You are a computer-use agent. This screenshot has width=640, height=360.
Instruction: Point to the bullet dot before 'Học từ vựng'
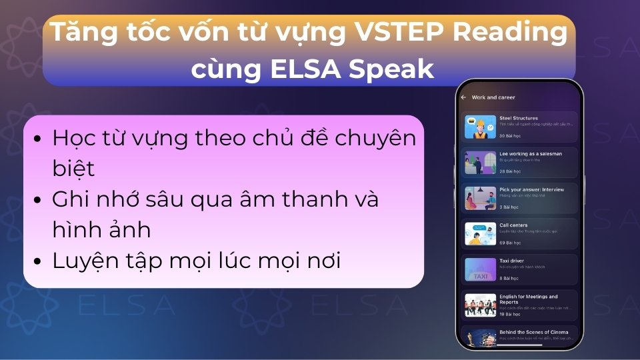pos(38,140)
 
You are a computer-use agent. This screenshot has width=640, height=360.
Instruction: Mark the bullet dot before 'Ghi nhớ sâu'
pos(38,201)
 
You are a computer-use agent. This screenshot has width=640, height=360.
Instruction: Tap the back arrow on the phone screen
pos(463,97)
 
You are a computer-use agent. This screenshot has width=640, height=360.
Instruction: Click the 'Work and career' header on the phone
pos(493,97)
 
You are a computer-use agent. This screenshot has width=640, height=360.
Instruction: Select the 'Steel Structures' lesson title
pos(519,118)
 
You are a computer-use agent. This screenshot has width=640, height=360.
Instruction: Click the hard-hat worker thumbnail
pos(480,126)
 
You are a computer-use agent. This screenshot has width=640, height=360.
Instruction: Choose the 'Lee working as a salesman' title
pos(531,153)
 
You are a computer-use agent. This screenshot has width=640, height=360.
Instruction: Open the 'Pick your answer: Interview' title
pos(531,189)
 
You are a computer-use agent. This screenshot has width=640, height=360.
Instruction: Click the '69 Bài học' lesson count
pos(509,242)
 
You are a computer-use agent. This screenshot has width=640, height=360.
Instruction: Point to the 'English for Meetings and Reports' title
pos(528,299)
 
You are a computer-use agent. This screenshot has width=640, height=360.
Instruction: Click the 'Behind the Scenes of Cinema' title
pos(533,331)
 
